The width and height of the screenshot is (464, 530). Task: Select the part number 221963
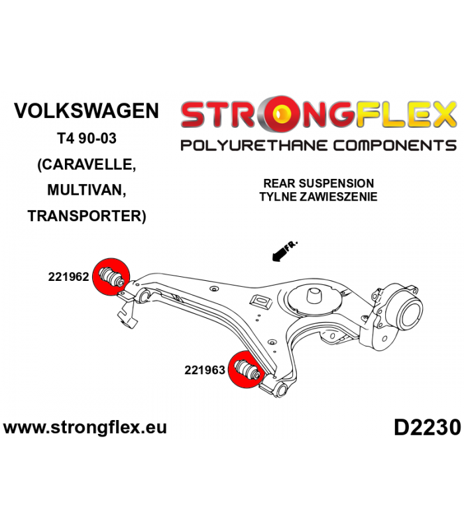pos(205,370)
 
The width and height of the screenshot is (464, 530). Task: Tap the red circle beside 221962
pos(111,276)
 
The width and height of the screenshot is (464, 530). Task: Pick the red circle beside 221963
pos(246,370)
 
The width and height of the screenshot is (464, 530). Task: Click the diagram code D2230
pos(427,427)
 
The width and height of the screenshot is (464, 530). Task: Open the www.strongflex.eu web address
pos(85,427)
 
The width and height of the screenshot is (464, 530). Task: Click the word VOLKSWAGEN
pos(86,111)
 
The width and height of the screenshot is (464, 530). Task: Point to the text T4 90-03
pos(87,138)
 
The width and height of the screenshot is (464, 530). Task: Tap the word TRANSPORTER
pos(85,216)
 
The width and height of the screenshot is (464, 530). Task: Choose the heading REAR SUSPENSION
pos(319,184)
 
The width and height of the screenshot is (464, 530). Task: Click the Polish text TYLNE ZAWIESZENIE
pos(318,196)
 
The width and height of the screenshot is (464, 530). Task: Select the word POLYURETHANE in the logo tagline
pos(254,146)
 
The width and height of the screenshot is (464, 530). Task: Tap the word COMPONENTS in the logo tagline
pos(394,146)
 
